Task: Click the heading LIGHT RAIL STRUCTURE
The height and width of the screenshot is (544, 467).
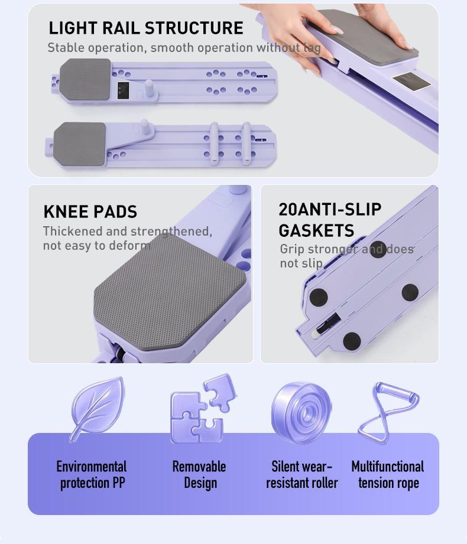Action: click(x=146, y=28)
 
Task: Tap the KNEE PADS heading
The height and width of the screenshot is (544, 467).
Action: click(x=90, y=211)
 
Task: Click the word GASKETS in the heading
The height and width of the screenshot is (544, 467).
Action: click(x=316, y=231)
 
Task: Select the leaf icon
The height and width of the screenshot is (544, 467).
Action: click(x=97, y=409)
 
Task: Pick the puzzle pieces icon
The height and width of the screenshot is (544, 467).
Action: click(x=202, y=409)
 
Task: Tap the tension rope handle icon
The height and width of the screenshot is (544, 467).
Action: click(x=388, y=413)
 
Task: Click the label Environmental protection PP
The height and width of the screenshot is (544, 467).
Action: click(x=92, y=475)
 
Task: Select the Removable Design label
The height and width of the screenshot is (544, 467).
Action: click(x=199, y=475)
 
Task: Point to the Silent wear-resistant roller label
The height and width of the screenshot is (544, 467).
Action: click(x=301, y=475)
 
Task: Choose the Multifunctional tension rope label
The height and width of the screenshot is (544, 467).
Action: click(x=388, y=475)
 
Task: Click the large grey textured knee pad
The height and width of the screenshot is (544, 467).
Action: click(x=170, y=291)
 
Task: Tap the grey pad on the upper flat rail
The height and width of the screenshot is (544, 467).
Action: click(x=85, y=80)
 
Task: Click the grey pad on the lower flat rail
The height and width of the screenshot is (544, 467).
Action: click(x=80, y=144)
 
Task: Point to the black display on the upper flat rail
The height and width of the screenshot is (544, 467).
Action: click(x=124, y=90)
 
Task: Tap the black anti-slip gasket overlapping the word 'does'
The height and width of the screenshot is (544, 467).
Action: click(x=378, y=249)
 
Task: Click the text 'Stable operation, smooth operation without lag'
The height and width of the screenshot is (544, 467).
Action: click(x=184, y=48)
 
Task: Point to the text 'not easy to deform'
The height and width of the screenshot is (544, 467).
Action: click(x=97, y=246)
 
